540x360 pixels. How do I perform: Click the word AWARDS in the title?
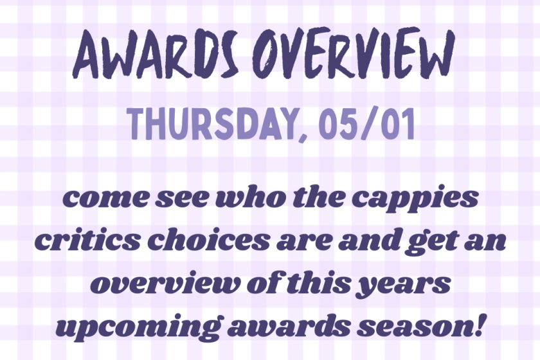[x=156, y=54]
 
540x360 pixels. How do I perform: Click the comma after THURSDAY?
[x=303, y=136]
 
